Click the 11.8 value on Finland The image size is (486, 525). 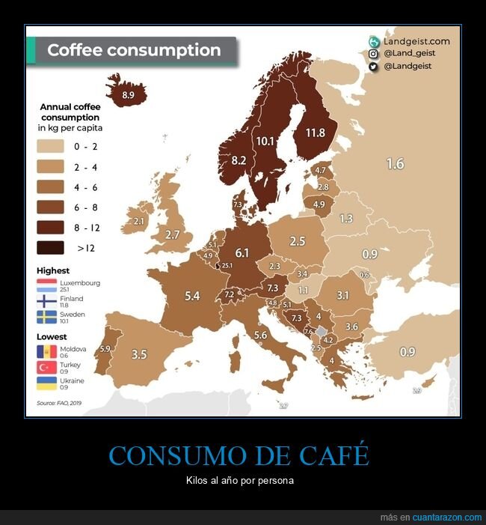[x=316, y=133]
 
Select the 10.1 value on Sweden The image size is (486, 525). [x=265, y=140]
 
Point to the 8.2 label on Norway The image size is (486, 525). [x=239, y=160]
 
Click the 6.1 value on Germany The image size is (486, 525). [x=242, y=252]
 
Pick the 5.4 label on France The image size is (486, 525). [x=192, y=296]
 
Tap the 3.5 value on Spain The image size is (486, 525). [x=138, y=354]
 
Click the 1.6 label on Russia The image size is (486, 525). [x=395, y=163]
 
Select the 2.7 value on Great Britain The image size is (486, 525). [x=173, y=234]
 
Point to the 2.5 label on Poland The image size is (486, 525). [x=297, y=241]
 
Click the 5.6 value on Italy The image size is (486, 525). [x=260, y=335]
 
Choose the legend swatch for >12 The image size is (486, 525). [x=53, y=248]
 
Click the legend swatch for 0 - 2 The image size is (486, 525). [x=53, y=147]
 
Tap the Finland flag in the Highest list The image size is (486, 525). [x=46, y=301]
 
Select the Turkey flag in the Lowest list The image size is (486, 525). [x=46, y=367]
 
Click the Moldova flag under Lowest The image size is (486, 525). [x=46, y=350]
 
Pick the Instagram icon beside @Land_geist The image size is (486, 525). [x=373, y=54]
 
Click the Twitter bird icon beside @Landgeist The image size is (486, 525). [x=373, y=67]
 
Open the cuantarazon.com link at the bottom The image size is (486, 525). [x=447, y=518]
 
